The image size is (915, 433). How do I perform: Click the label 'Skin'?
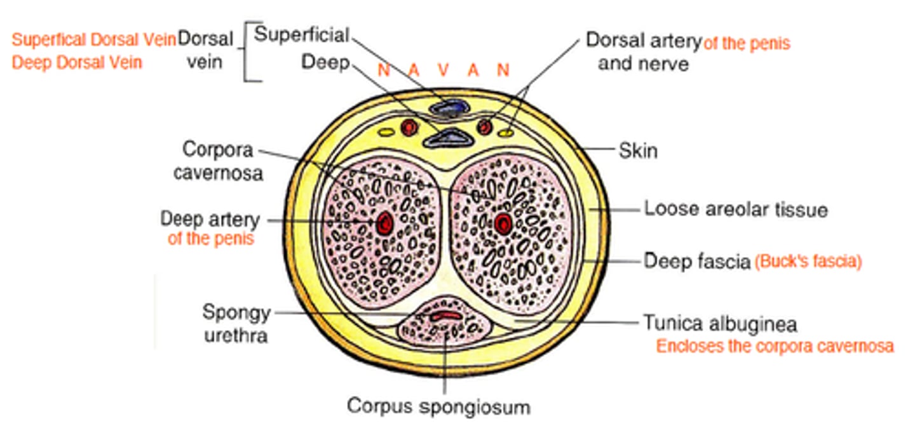(638, 151)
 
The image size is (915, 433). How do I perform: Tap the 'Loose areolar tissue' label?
(736, 209)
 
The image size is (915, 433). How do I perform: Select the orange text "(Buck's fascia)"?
(808, 262)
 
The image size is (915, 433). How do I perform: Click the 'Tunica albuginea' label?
(720, 324)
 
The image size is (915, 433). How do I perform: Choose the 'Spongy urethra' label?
(236, 323)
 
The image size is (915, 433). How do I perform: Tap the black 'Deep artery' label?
(210, 220)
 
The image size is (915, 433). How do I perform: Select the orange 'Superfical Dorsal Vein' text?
(93, 39)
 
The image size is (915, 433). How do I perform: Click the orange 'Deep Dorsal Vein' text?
(77, 62)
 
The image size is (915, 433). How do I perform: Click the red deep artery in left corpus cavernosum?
(383, 222)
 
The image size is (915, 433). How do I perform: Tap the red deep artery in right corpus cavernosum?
(503, 222)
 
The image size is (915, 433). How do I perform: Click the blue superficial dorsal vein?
(449, 109)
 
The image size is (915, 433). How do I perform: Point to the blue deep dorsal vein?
(447, 137)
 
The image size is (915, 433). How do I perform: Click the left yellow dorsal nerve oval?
(385, 133)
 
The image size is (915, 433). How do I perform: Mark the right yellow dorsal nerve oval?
(506, 133)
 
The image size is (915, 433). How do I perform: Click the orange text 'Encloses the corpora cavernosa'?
(775, 347)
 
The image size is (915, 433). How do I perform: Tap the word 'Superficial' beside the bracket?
(301, 34)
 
